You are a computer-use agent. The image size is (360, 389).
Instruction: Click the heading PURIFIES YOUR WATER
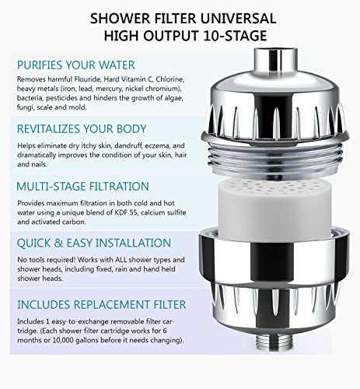[76, 65]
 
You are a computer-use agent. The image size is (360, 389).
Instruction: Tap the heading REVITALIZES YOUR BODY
[82, 129]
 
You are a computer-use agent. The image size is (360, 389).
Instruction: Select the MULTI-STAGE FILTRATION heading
[82, 187]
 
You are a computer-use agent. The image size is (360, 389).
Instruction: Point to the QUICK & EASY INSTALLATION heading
[94, 243]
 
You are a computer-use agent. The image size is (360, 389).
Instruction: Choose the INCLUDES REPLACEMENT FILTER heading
[102, 304]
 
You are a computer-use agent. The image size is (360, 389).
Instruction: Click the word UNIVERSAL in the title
[236, 19]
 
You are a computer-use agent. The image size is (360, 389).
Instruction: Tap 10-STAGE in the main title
[235, 36]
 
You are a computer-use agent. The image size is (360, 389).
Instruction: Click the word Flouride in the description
[87, 79]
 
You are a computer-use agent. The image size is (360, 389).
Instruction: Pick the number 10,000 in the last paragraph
[63, 340]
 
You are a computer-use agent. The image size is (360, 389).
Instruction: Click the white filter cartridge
[274, 208]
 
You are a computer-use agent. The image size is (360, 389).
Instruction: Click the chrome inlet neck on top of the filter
[275, 61]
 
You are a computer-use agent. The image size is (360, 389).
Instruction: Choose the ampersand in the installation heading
[59, 243]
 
